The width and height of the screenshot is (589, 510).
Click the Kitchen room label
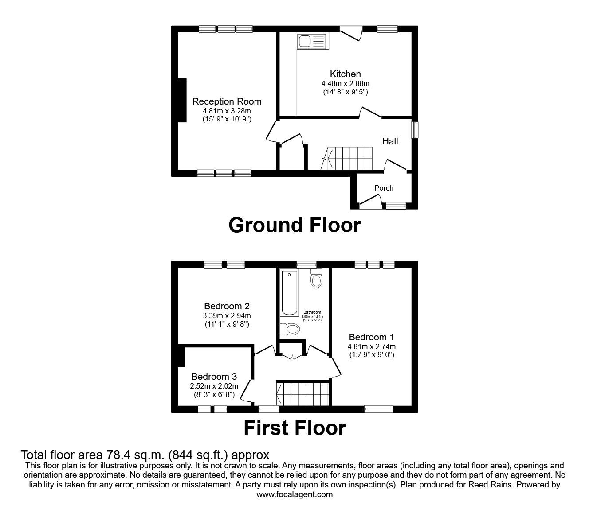[345, 74]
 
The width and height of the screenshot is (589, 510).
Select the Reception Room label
[227, 101]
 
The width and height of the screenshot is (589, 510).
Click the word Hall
[390, 141]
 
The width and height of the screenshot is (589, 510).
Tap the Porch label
[384, 188]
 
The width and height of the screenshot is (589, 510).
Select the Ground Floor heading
[294, 225]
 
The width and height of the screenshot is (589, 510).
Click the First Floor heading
[294, 428]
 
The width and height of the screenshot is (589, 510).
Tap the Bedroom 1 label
[371, 337]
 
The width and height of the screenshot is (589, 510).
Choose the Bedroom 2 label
[227, 306]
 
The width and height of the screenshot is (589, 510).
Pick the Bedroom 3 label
[214, 377]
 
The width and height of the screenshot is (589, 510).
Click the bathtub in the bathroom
[290, 293]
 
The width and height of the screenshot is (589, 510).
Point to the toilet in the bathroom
[316, 279]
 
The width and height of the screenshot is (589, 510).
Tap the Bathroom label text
[312, 312]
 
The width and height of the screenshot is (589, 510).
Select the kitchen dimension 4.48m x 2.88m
[345, 83]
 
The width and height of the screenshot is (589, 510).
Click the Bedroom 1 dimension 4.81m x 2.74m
[371, 346]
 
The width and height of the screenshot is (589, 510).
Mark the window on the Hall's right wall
[414, 130]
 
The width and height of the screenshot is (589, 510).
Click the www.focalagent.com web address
[294, 494]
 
